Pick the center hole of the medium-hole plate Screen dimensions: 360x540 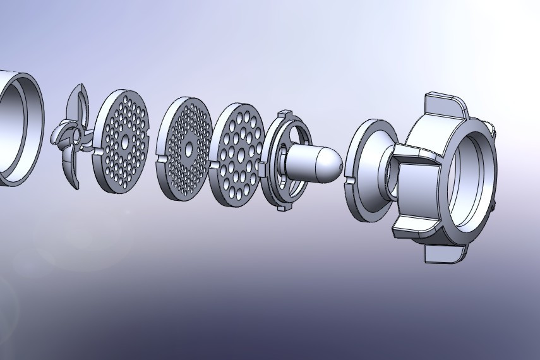click(124, 138)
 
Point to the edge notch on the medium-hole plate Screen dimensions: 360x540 click(97, 152)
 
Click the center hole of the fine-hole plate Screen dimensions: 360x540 click(188, 150)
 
